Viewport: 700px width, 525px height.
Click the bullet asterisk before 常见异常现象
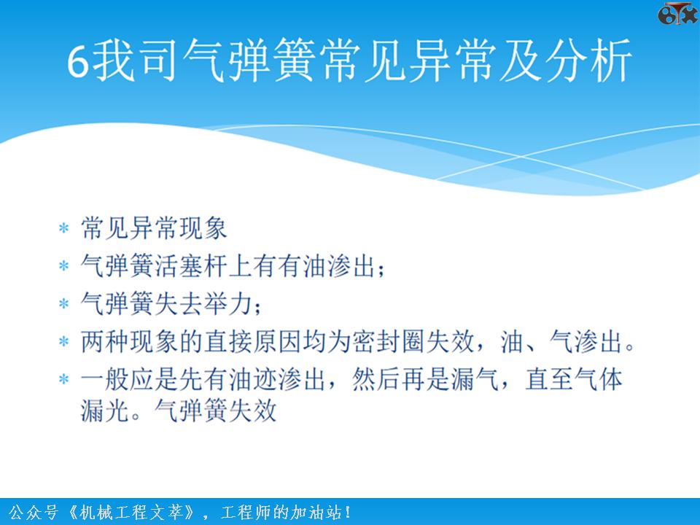point(64,230)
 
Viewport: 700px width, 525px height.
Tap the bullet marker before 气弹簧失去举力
point(64,304)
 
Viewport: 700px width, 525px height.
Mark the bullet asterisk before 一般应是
point(64,381)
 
